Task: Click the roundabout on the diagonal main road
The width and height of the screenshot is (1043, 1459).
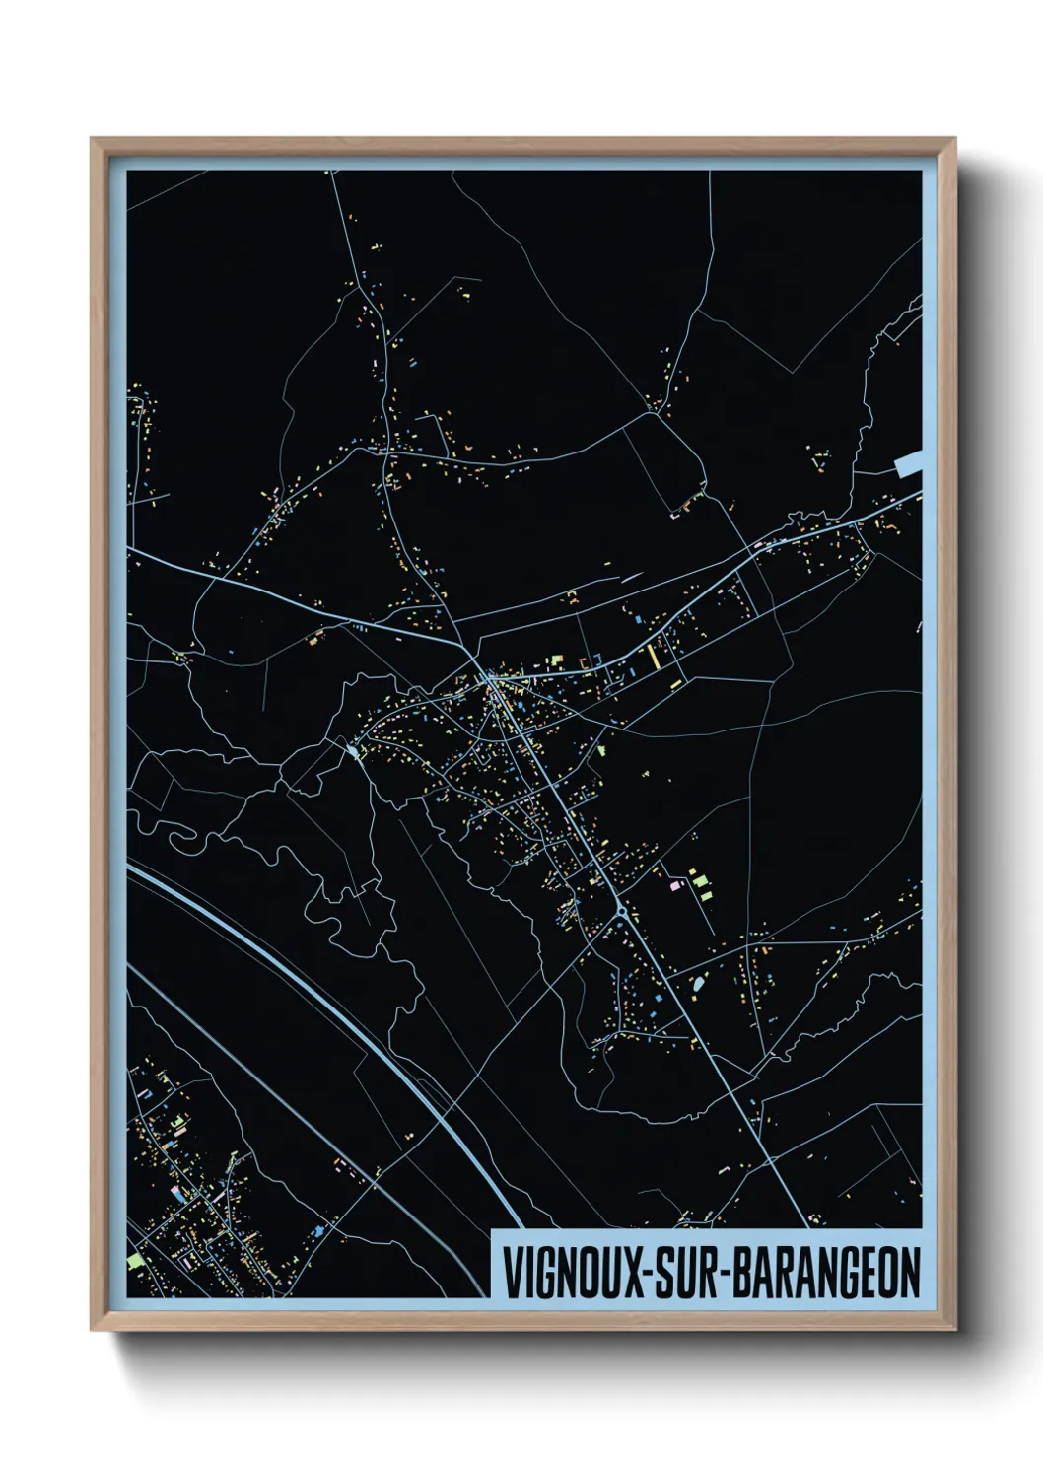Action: click(622, 916)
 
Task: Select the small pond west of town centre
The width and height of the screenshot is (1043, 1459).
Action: click(352, 754)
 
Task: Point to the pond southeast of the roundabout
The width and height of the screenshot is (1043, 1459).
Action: click(698, 984)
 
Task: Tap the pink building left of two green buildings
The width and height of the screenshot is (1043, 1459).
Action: click(675, 886)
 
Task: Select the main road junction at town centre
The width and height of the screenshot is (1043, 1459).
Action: click(489, 677)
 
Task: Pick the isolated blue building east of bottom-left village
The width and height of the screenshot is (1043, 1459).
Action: click(318, 1231)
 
